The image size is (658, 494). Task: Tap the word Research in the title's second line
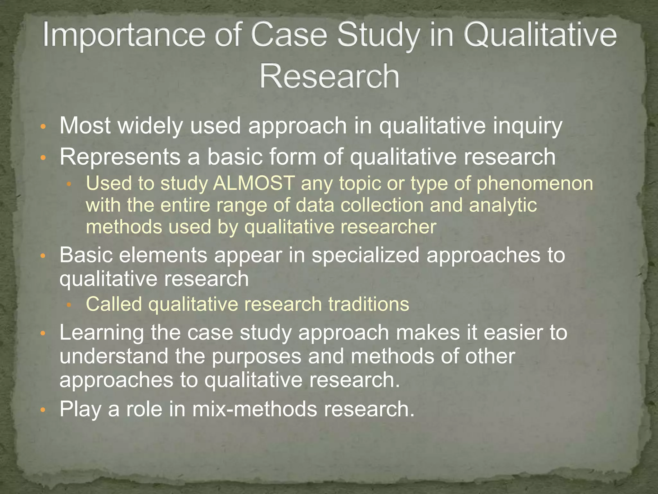click(x=329, y=76)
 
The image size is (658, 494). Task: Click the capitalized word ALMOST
click(x=254, y=183)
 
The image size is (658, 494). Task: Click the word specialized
click(x=365, y=255)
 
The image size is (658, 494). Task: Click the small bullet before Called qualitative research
click(x=69, y=305)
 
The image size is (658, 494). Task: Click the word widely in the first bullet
click(x=150, y=126)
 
